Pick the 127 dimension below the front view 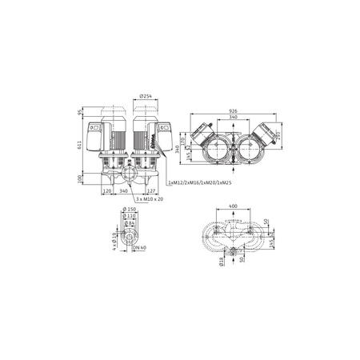[152, 192]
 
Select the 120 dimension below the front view [107, 192]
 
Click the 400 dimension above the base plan [232, 206]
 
